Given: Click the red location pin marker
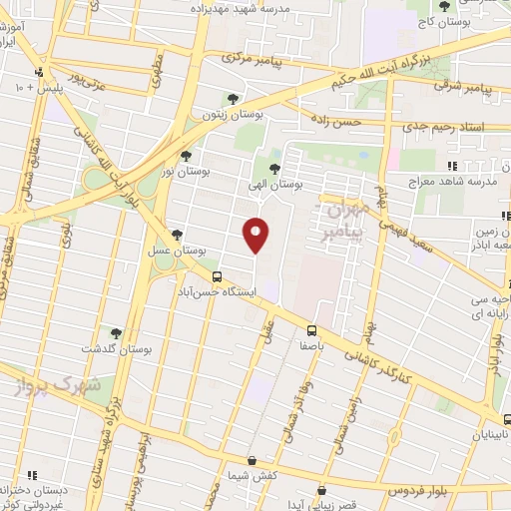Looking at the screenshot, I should [x=256, y=235].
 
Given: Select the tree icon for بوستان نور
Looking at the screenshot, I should [x=186, y=156].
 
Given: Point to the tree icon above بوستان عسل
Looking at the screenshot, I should [x=177, y=235].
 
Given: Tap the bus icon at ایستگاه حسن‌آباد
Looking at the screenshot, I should [x=217, y=276].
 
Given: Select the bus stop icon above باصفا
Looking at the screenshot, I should [x=312, y=330].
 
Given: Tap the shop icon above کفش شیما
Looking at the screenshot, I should [x=252, y=460].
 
